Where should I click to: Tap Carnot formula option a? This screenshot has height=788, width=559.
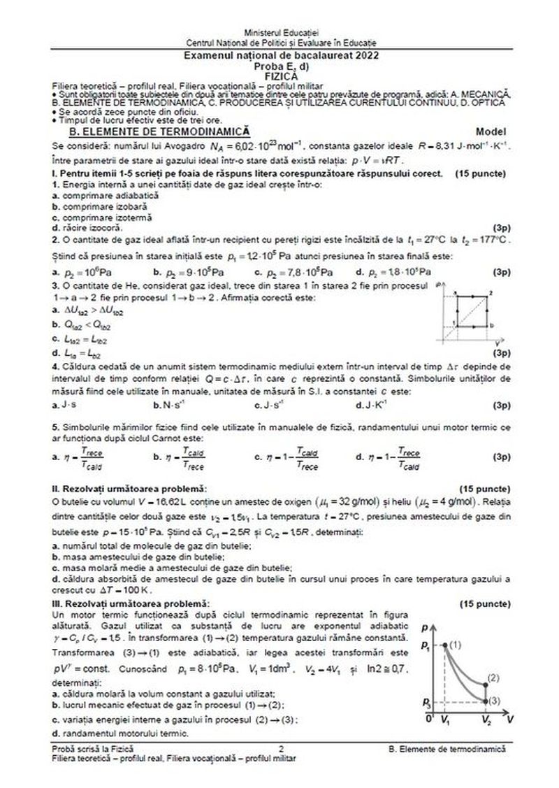[80, 459]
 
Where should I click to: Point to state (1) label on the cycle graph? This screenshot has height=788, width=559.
[455, 643]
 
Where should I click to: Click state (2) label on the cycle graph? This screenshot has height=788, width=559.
[494, 678]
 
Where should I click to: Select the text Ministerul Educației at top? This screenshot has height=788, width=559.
[280, 33]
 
